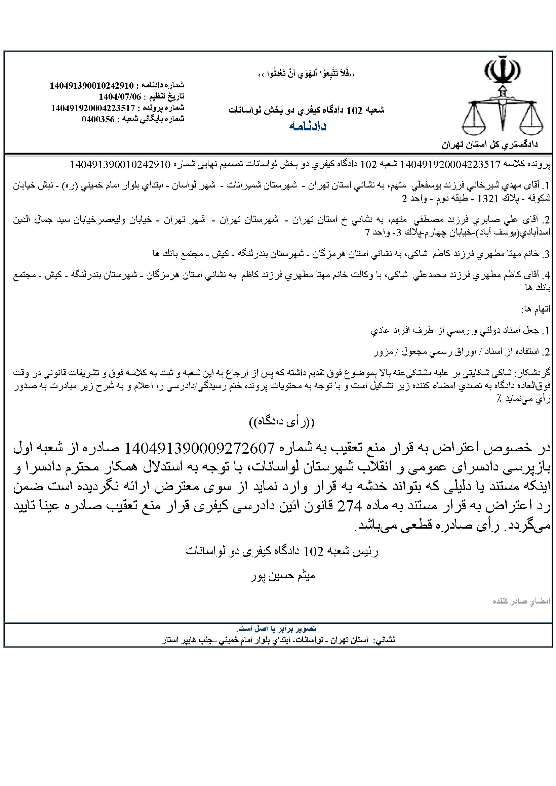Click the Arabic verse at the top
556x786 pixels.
point(307,74)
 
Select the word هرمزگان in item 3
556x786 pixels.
point(326,254)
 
